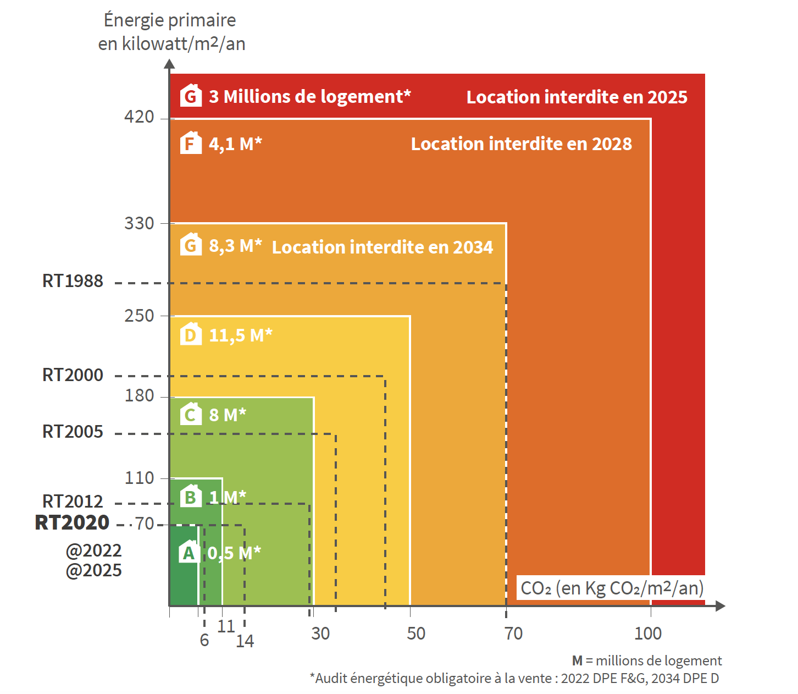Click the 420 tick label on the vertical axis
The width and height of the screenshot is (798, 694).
tap(139, 117)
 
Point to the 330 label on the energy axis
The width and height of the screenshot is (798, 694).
tap(139, 223)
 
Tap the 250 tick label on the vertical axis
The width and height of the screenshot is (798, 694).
tap(139, 316)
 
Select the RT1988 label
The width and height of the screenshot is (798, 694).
tap(73, 281)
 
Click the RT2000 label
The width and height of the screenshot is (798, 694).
tap(73, 375)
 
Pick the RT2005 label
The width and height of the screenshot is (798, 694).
tap(73, 432)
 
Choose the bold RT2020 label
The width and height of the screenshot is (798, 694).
tap(72, 522)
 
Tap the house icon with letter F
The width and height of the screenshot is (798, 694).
tap(191, 142)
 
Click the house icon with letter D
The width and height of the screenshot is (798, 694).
tap(191, 334)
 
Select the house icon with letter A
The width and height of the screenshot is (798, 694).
tap(189, 551)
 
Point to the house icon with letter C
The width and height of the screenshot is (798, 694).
tap(191, 414)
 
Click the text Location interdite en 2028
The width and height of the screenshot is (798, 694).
tap(522, 144)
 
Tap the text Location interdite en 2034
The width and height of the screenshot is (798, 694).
tap(382, 247)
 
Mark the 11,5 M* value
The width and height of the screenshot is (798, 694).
tap(241, 335)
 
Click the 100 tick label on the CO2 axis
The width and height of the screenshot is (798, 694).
tap(648, 634)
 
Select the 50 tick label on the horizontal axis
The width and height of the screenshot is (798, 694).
tap(416, 634)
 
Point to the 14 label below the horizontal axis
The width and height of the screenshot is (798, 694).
tap(245, 641)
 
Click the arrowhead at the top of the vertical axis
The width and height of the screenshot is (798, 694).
tap(169, 64)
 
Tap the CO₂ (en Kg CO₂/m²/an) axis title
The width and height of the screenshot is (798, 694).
tap(612, 588)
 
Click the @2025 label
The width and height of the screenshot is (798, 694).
tap(93, 570)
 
